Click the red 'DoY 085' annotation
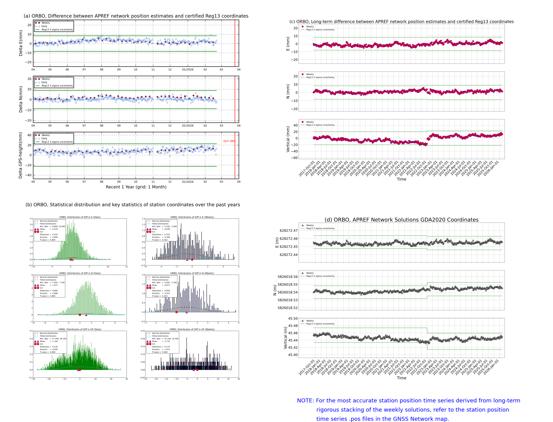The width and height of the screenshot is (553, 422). click(x=229, y=141)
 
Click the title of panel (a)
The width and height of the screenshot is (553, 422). click(x=136, y=16)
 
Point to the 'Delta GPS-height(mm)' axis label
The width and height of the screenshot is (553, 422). click(x=20, y=155)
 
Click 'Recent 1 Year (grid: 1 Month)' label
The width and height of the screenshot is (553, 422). click(x=136, y=187)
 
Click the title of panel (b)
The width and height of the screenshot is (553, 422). click(x=133, y=205)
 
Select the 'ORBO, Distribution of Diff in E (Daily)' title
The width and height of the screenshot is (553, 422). click(x=80, y=217)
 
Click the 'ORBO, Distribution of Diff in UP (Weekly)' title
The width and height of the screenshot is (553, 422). click(x=192, y=329)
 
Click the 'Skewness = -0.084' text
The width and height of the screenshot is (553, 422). click(x=48, y=291)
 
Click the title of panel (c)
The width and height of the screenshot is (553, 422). click(x=401, y=22)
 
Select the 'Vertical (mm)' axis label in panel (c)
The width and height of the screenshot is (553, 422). click(x=288, y=139)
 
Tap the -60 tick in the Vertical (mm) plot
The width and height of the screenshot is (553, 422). click(x=294, y=158)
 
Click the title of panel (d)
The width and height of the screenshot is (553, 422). click(x=401, y=220)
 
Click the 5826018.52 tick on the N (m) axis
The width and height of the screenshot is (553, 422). click(x=287, y=308)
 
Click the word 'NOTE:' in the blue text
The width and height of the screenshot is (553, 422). click(x=305, y=401)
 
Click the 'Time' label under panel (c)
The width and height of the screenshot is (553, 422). click(x=401, y=179)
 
